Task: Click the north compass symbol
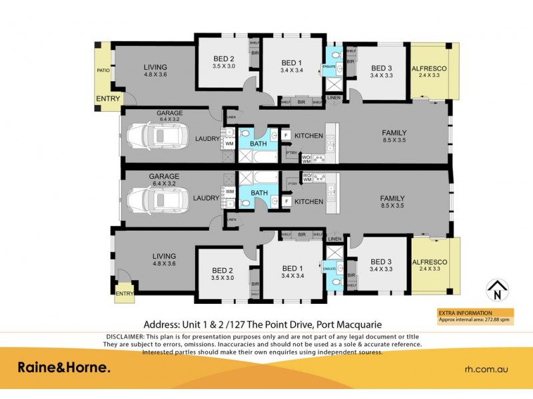click(x=496, y=290)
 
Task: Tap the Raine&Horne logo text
click(x=63, y=368)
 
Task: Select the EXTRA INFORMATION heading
click(x=464, y=313)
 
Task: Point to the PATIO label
click(x=102, y=68)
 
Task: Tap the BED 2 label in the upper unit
click(x=223, y=59)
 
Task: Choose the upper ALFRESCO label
click(x=429, y=68)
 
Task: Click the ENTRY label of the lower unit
click(x=125, y=293)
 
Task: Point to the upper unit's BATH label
click(x=259, y=143)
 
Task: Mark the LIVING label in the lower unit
click(x=164, y=256)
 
